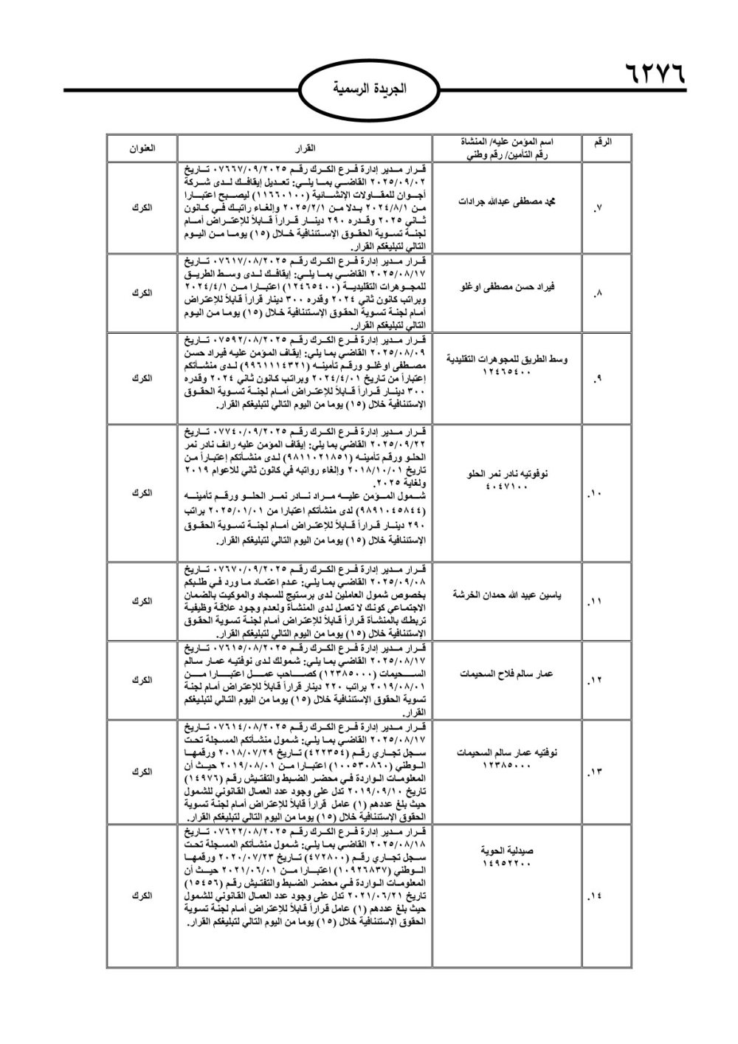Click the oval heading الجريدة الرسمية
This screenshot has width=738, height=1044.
click(x=370, y=90)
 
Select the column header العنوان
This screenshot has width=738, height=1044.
click(x=142, y=148)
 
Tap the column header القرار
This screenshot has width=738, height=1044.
click(x=305, y=148)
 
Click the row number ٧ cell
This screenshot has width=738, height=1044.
click(x=599, y=208)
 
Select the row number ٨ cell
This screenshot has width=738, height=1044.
click(x=599, y=293)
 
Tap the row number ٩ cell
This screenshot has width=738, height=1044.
click(x=599, y=379)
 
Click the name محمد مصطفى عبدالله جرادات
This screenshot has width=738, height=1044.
click(x=506, y=202)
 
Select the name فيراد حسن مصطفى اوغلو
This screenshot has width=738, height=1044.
click(x=506, y=286)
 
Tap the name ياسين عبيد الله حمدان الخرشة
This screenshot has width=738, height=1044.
click(x=506, y=594)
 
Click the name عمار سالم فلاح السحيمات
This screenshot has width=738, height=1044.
click(x=506, y=673)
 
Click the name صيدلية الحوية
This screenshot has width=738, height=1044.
click(x=506, y=850)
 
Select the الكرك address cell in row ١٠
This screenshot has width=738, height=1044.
click(x=142, y=493)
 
